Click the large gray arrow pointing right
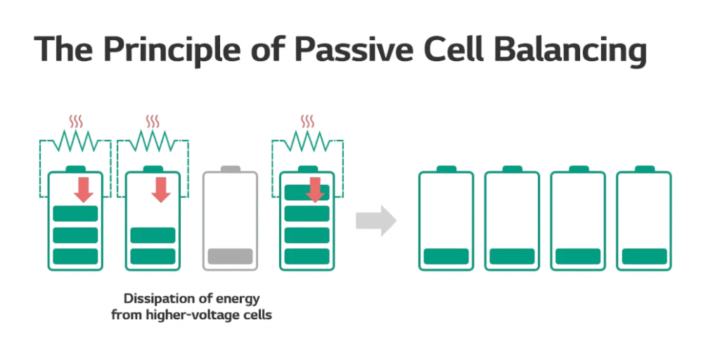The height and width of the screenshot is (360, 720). point(375,221)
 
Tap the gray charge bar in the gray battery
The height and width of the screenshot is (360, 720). point(230,257)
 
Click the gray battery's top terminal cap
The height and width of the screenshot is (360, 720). point(230,169)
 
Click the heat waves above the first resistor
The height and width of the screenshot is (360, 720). point(75,122)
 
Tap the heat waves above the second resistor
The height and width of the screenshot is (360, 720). point(153,122)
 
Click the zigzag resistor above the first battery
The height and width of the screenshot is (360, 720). point(75,141)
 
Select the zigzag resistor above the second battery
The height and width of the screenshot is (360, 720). point(153,141)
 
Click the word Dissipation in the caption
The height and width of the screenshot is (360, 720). point(160,297)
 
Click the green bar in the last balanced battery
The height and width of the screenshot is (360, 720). point(644,257)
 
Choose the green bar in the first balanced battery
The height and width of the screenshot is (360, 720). point(446,257)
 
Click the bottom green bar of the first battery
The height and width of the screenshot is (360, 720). point(75,257)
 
